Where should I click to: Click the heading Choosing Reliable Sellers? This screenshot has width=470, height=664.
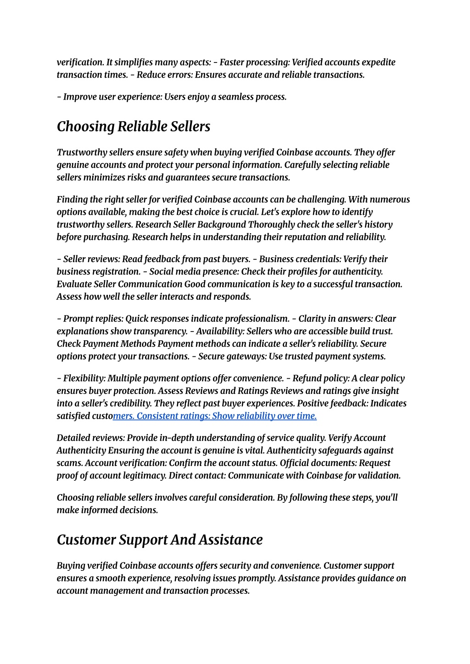[133, 126]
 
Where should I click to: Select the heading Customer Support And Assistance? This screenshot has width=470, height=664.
[159, 540]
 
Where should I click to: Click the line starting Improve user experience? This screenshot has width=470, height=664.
[172, 97]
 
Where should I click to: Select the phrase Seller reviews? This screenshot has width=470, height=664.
[91, 259]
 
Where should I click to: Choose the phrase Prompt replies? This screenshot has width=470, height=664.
[93, 319]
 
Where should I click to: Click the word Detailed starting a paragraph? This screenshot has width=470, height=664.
[73, 439]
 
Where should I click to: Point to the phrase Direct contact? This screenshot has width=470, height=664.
[196, 476]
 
